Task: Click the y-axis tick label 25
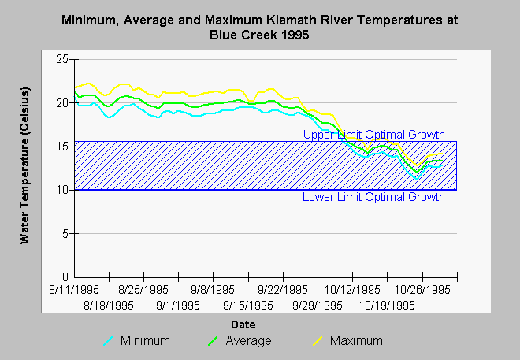click(x=61, y=59)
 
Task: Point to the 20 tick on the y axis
click(x=61, y=103)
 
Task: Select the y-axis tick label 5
click(x=65, y=234)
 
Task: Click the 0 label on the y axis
click(x=65, y=276)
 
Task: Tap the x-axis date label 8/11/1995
click(x=74, y=290)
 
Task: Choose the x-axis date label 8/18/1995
click(x=109, y=306)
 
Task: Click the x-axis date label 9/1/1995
click(x=178, y=306)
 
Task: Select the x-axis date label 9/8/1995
click(x=213, y=290)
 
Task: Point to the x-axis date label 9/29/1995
click(x=318, y=306)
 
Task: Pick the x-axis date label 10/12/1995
click(x=352, y=290)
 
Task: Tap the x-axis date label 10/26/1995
click(x=422, y=290)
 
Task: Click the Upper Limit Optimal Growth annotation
click(x=373, y=135)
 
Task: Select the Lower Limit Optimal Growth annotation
click(x=373, y=197)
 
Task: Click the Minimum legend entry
click(x=136, y=341)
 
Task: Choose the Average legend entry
click(x=240, y=341)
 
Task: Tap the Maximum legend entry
click(x=348, y=341)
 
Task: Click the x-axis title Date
click(x=243, y=325)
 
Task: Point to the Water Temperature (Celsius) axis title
click(x=24, y=165)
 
